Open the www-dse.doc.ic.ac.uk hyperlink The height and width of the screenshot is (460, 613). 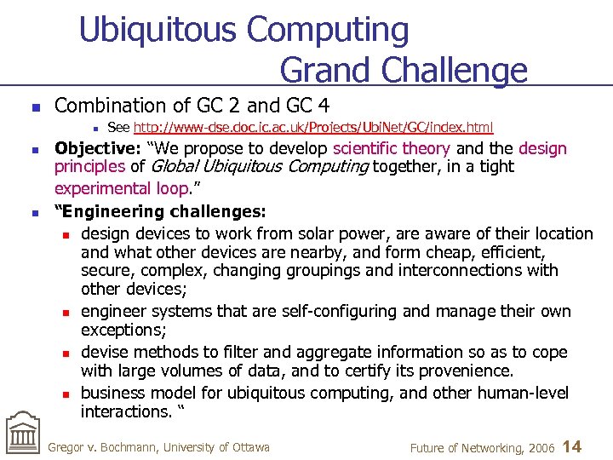coord(312,128)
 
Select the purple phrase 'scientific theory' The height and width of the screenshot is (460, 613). coord(392,148)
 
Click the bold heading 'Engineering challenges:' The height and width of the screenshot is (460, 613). coord(160,210)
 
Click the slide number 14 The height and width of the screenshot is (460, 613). coord(573,446)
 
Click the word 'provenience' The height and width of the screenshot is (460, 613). coord(464,371)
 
